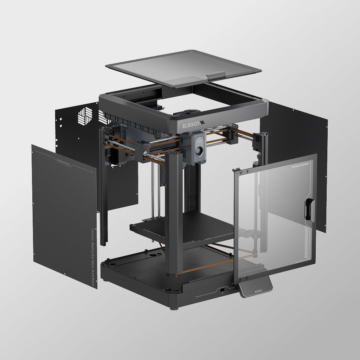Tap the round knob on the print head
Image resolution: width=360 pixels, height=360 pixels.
(x=199, y=152)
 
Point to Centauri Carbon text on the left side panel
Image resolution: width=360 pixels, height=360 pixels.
(x=63, y=162)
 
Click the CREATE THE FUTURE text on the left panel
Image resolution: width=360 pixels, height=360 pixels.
(x=93, y=263)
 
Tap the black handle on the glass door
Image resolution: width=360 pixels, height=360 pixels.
(x=310, y=210)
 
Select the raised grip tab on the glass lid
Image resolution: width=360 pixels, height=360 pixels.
(x=217, y=75)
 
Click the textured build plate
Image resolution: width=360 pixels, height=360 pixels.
(x=197, y=225)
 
